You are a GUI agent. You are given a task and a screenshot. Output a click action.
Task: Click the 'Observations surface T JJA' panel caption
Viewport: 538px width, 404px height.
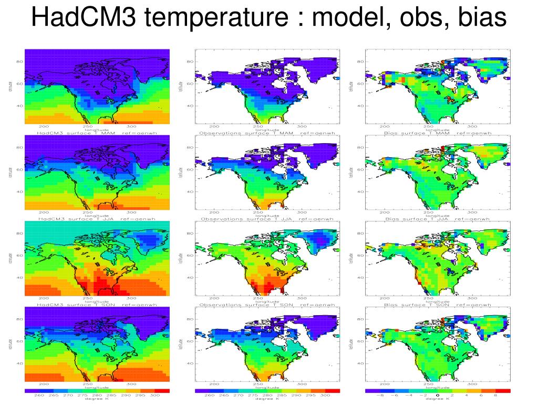[x=267, y=219]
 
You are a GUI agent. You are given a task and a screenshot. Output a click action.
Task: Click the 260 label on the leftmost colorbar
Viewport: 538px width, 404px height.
[x=39, y=395]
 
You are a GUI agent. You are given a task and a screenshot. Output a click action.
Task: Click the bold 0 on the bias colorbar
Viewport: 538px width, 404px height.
[x=437, y=395]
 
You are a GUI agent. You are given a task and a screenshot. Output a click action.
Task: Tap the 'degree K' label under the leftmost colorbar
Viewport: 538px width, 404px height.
[x=97, y=400]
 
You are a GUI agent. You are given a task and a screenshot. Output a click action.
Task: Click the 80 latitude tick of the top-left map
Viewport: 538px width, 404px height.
[x=20, y=62]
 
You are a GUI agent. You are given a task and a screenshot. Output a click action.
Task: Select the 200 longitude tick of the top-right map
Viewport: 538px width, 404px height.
[x=385, y=127]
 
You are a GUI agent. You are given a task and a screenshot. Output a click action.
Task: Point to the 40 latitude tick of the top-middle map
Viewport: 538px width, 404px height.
[x=191, y=106]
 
